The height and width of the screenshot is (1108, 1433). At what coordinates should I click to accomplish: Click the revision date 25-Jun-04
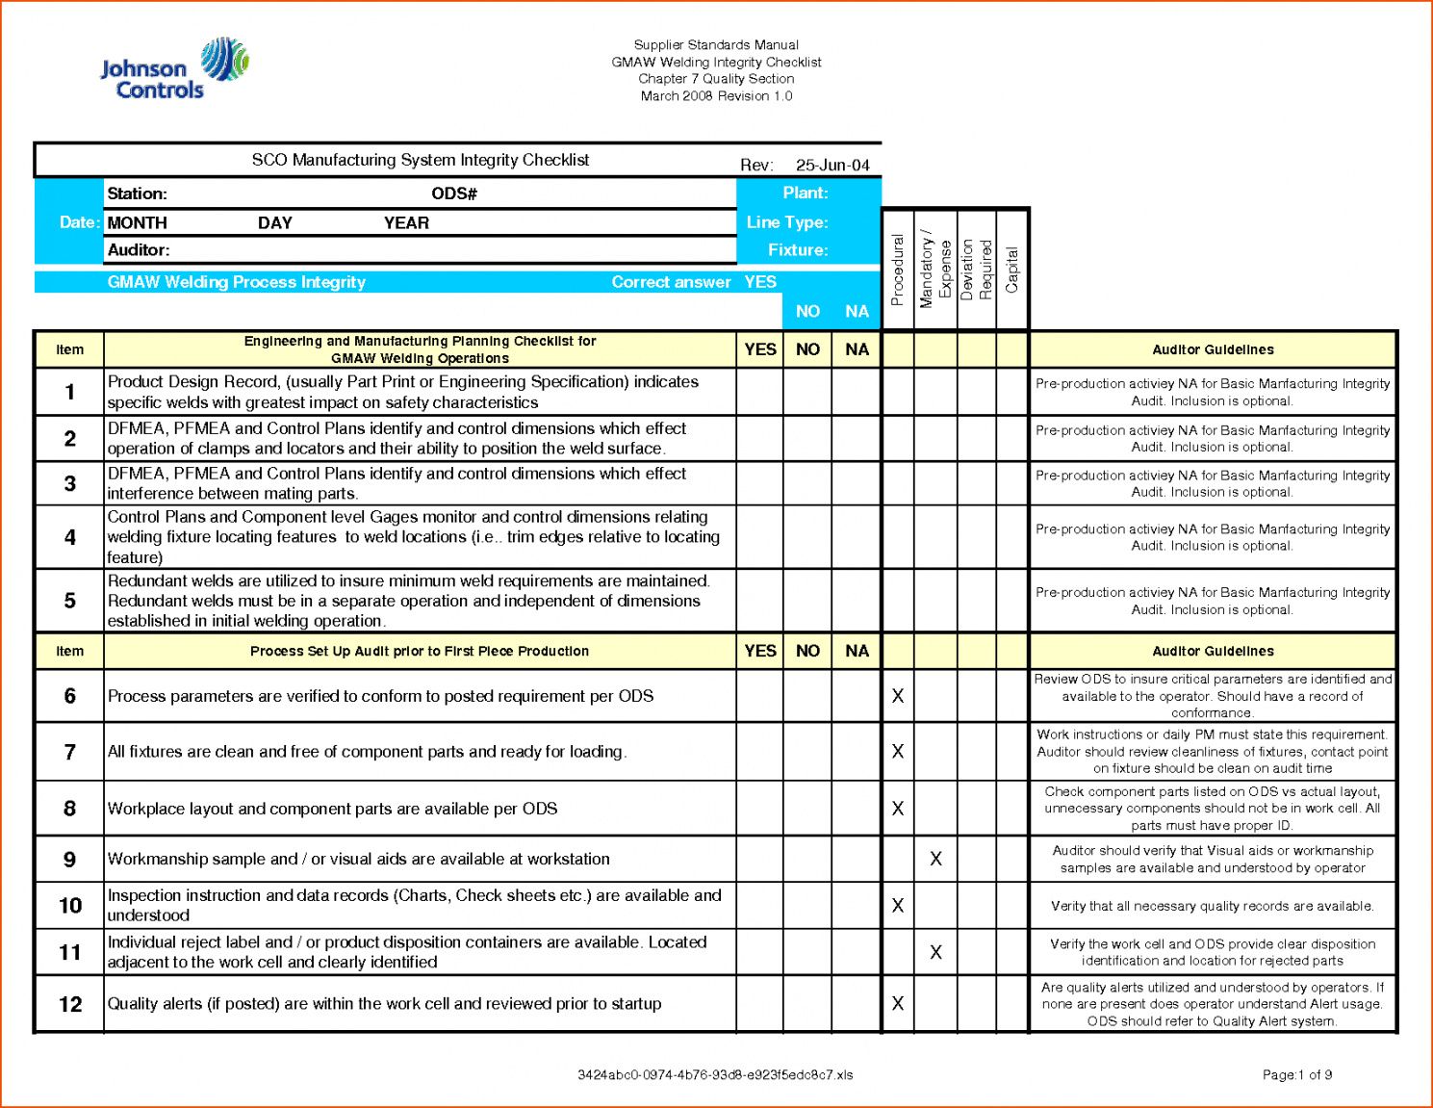point(832,165)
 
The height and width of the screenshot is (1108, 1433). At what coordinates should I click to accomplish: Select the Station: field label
point(137,193)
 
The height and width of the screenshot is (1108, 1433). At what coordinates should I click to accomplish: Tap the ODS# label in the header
point(454,193)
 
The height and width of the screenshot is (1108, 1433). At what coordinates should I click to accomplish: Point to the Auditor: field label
point(139,250)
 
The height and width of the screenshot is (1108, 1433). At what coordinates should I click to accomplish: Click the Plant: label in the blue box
point(806,193)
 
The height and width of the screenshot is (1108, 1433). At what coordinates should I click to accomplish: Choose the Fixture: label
point(798,250)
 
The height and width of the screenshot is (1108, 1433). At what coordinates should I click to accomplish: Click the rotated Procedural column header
point(898,271)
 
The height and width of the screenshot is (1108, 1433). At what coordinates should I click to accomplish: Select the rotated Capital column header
point(1011,271)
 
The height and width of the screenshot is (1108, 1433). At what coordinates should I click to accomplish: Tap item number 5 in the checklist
point(69,601)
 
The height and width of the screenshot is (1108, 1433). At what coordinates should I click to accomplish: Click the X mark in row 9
point(935,859)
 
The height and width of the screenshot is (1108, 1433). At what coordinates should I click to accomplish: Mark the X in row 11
point(935,952)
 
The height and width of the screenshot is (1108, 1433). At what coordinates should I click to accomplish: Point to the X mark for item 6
point(898,696)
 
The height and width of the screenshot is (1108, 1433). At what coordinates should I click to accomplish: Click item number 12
point(70,1004)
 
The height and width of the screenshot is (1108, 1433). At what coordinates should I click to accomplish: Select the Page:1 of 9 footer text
point(1297,1075)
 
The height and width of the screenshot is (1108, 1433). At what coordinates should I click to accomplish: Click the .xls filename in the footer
point(715,1075)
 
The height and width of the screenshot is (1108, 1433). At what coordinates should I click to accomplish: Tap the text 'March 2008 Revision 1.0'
point(716,96)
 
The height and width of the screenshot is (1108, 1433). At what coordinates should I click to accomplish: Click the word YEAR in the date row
point(406,223)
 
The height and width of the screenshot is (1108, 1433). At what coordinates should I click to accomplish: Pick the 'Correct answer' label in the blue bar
point(671,282)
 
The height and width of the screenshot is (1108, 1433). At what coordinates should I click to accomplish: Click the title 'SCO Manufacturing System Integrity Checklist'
point(421,160)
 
